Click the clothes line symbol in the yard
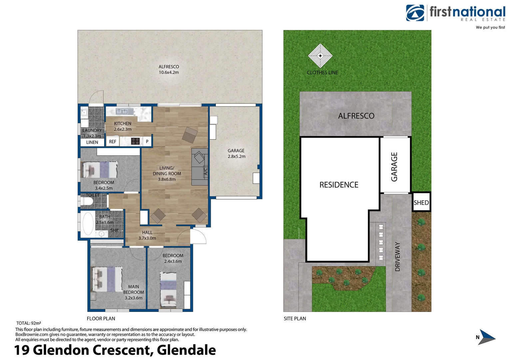(320, 56)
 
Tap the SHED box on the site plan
(421, 202)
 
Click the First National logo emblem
(415, 13)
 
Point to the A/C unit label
(206, 171)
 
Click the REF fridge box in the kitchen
(113, 142)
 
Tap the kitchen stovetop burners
(135, 141)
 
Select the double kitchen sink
(125, 111)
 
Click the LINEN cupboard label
(92, 142)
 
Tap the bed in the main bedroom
(107, 279)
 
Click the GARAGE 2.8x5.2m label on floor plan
(236, 153)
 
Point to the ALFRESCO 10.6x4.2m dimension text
(169, 72)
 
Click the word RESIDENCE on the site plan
(339, 185)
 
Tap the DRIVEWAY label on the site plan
(397, 256)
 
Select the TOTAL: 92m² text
(29, 323)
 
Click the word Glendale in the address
(186, 350)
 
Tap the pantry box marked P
(147, 141)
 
